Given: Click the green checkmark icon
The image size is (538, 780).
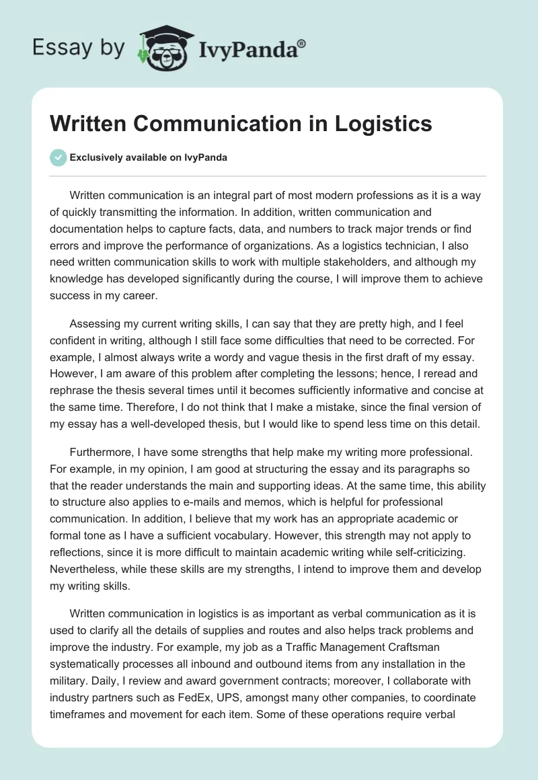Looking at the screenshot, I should (x=58, y=157).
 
